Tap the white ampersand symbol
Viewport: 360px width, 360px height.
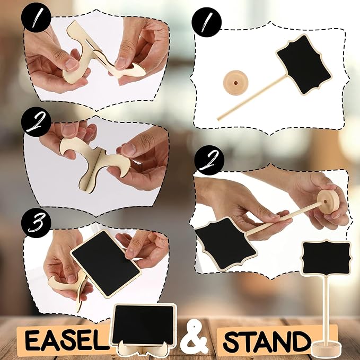pyautogui.click(x=194, y=337)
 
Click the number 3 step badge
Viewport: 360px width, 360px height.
pyautogui.click(x=36, y=223)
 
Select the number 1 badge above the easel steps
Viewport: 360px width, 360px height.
pyautogui.click(x=36, y=17)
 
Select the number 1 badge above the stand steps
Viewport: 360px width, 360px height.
pyautogui.click(x=207, y=22)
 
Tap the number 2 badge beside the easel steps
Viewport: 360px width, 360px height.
pyautogui.click(x=36, y=122)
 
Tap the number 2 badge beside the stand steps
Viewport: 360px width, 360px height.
pyautogui.click(x=209, y=160)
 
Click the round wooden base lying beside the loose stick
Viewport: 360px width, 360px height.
pyautogui.click(x=235, y=82)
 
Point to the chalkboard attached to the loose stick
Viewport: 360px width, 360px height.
pyautogui.click(x=303, y=64)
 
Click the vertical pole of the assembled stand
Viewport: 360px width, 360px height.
pyautogui.click(x=326, y=308)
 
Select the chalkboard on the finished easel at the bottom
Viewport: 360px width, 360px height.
pyautogui.click(x=143, y=324)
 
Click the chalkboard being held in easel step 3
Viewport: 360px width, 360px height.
pyautogui.click(x=106, y=264)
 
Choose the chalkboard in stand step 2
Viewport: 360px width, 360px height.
pyautogui.click(x=226, y=244)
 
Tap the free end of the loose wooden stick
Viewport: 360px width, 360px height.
pyautogui.click(x=219, y=118)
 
